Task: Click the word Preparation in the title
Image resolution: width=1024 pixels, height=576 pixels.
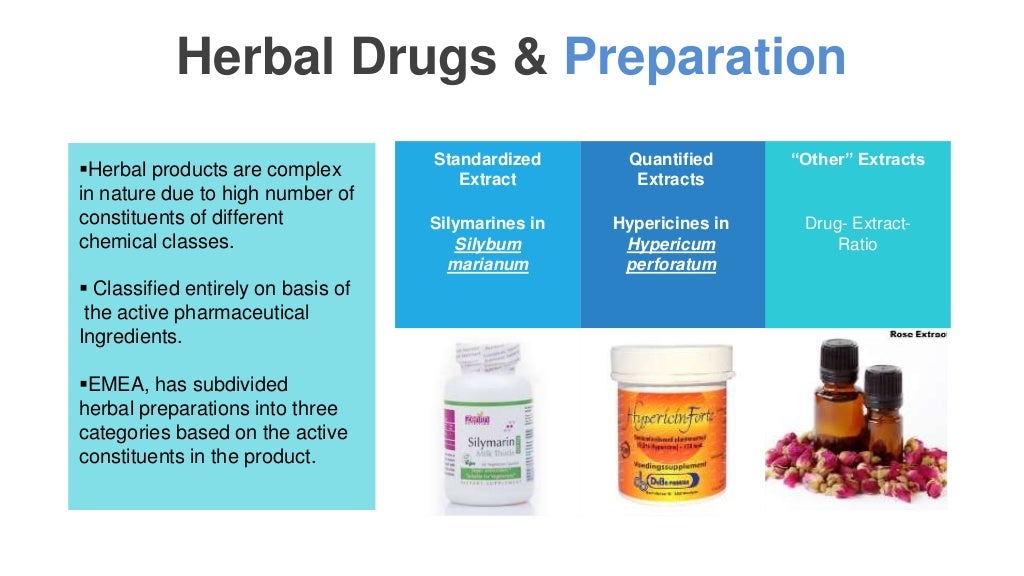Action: point(705,59)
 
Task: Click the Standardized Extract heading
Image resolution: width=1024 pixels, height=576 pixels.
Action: point(487,169)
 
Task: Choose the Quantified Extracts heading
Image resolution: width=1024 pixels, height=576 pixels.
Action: point(671,169)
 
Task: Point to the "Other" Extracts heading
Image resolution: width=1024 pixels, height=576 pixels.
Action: point(858,159)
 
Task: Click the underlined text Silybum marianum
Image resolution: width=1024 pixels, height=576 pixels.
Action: point(487,254)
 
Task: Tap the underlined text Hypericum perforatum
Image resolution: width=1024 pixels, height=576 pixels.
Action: point(671,254)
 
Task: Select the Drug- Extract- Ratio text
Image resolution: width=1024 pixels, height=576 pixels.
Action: point(858,233)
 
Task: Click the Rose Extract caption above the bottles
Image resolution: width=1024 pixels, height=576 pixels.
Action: point(918,334)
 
